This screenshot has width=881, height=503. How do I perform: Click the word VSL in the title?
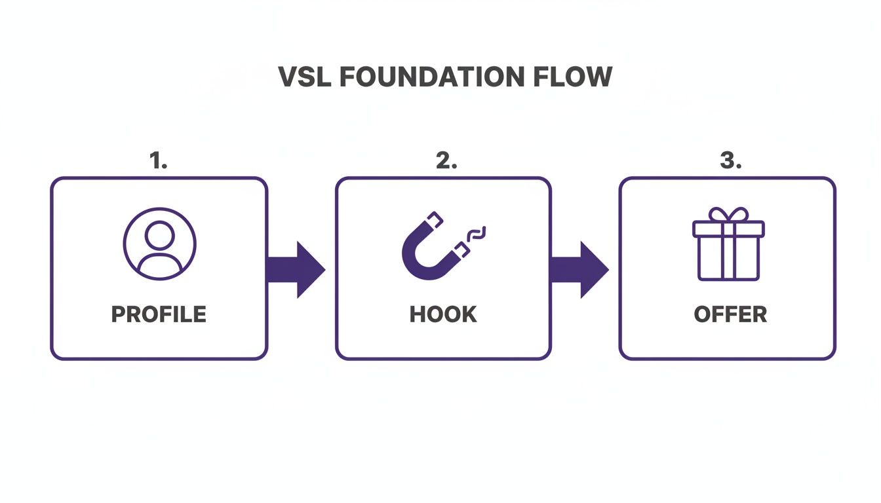pos(305,77)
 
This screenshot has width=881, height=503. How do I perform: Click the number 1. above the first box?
pos(159,161)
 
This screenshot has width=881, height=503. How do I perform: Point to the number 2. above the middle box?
pos(446,161)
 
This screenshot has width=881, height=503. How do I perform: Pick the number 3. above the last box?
pos(730,161)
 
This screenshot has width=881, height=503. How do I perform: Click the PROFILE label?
pos(159,314)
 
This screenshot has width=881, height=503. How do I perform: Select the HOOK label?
pos(443,314)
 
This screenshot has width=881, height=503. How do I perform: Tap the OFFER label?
pos(730,314)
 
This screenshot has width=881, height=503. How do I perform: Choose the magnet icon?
pos(433,246)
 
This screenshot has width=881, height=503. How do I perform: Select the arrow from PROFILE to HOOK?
pos(296,269)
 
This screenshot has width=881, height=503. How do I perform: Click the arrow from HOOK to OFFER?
pos(579,269)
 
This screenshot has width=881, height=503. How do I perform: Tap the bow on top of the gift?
pos(728,215)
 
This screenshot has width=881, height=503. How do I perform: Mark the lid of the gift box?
pos(728,229)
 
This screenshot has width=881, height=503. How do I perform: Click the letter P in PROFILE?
pos(118,314)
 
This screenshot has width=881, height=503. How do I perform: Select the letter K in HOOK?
pos(469,314)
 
